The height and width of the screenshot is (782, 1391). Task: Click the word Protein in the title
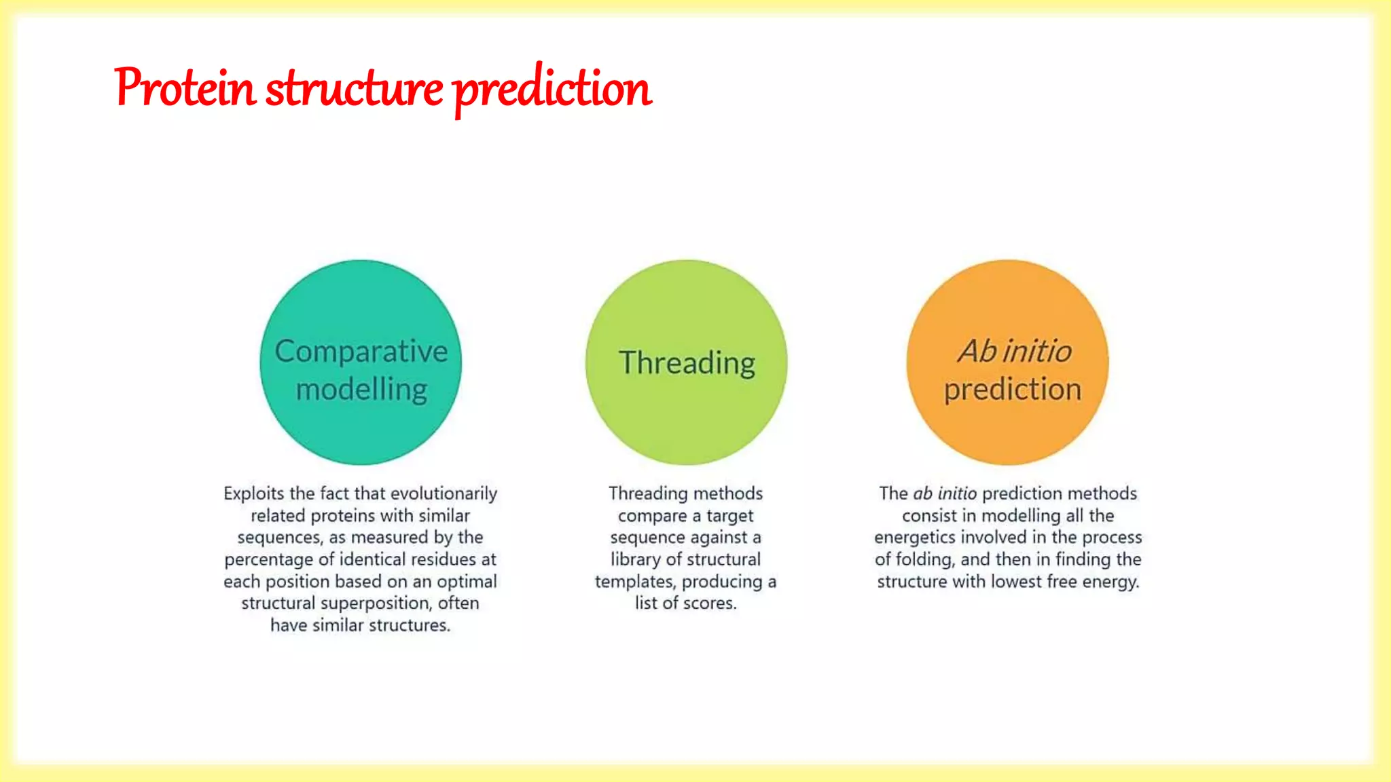[185, 88]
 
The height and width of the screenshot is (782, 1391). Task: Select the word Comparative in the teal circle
[361, 352]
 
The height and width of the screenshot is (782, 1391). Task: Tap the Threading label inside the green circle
[687, 363]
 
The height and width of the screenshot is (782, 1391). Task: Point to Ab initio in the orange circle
[1014, 352]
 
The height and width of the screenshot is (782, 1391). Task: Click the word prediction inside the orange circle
[1012, 390]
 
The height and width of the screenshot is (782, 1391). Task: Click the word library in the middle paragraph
[635, 559]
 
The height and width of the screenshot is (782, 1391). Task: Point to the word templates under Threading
[634, 582]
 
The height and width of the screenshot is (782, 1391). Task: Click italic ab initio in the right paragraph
[944, 494]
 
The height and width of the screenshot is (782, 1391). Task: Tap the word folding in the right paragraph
[924, 560]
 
